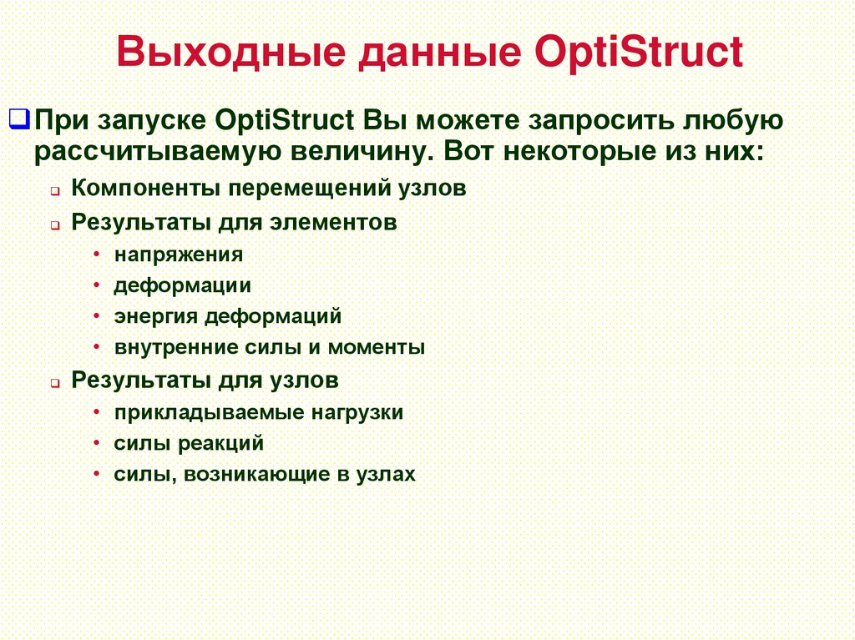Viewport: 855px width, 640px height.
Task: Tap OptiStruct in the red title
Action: (x=636, y=53)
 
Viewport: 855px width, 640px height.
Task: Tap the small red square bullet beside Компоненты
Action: (x=53, y=191)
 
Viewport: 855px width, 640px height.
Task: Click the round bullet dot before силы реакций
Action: (x=99, y=444)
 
